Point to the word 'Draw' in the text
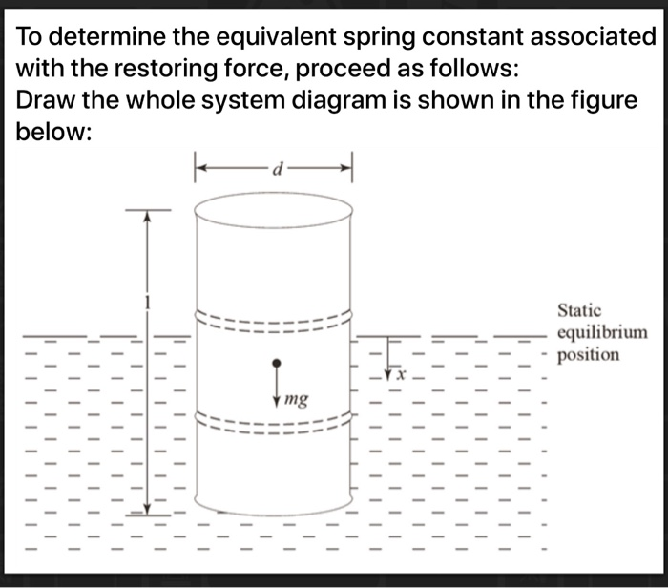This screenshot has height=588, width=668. (x=48, y=101)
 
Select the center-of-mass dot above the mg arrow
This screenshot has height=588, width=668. (x=277, y=364)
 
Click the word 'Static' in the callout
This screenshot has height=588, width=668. (x=579, y=310)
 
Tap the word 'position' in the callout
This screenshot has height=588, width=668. (x=588, y=355)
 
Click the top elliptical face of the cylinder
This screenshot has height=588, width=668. (x=273, y=207)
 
